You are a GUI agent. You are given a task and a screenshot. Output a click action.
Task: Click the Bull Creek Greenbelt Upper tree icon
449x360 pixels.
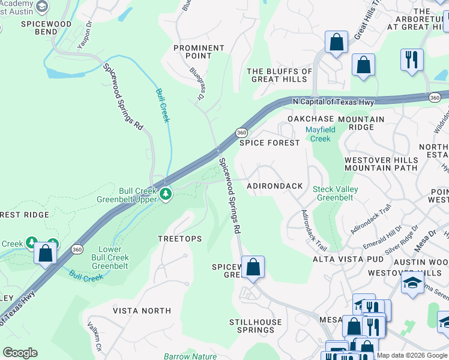(x=166, y=194)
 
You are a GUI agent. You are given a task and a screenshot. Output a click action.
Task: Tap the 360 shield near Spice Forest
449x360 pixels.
(x=241, y=132)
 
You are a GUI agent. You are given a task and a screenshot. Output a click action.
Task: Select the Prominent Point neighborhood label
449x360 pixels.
(x=200, y=52)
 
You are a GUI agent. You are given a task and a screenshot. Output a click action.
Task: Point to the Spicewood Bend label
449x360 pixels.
(x=46, y=28)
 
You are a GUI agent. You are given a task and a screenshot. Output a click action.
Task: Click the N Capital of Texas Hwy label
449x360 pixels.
(x=333, y=102)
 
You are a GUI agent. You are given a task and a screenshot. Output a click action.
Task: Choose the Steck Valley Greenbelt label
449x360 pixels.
(x=336, y=193)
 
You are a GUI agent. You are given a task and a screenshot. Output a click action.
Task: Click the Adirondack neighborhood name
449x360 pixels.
(x=275, y=186)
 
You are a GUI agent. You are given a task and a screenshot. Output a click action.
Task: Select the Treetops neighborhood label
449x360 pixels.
(x=179, y=239)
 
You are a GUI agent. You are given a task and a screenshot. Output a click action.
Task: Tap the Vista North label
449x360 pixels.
(x=142, y=311)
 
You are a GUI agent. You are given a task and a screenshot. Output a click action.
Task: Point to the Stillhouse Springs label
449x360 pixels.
(x=255, y=326)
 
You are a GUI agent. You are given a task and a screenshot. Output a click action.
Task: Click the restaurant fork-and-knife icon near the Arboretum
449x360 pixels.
(x=412, y=60)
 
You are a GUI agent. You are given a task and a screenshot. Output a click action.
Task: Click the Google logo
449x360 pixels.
(x=20, y=353)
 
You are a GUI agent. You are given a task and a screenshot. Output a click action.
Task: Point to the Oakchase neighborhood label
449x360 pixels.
(x=309, y=119)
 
